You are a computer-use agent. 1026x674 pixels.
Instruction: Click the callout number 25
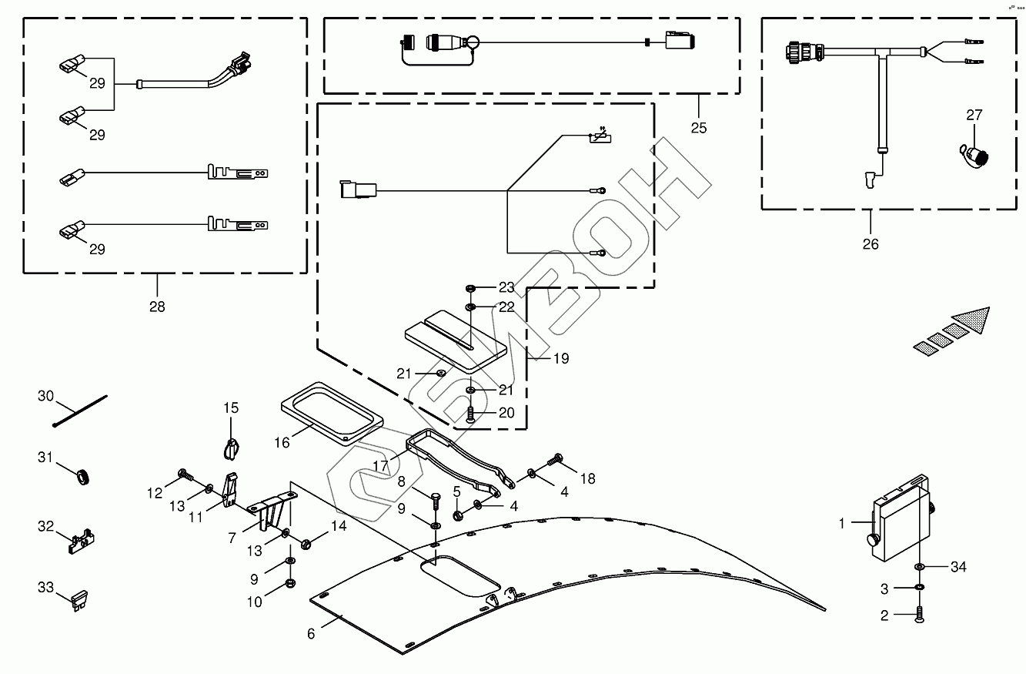coord(699,128)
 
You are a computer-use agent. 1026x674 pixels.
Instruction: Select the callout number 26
coord(871,244)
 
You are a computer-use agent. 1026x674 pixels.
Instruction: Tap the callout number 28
coord(157,307)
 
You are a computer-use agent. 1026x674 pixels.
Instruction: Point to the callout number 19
coord(561,358)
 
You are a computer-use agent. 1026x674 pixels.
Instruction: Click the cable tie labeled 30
coord(80,411)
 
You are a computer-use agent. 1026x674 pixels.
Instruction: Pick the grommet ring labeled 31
coord(83,478)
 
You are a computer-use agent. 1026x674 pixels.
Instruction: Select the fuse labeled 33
coord(80,601)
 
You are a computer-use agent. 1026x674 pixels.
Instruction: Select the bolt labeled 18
coord(555,458)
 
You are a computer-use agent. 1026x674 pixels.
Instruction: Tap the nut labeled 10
coord(290,583)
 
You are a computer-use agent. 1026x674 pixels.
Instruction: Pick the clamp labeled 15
coord(232,449)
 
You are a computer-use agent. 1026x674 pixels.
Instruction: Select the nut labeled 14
coord(306,545)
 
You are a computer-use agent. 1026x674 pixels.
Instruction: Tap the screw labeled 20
coord(470,414)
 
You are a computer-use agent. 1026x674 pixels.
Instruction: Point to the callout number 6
coord(311,634)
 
